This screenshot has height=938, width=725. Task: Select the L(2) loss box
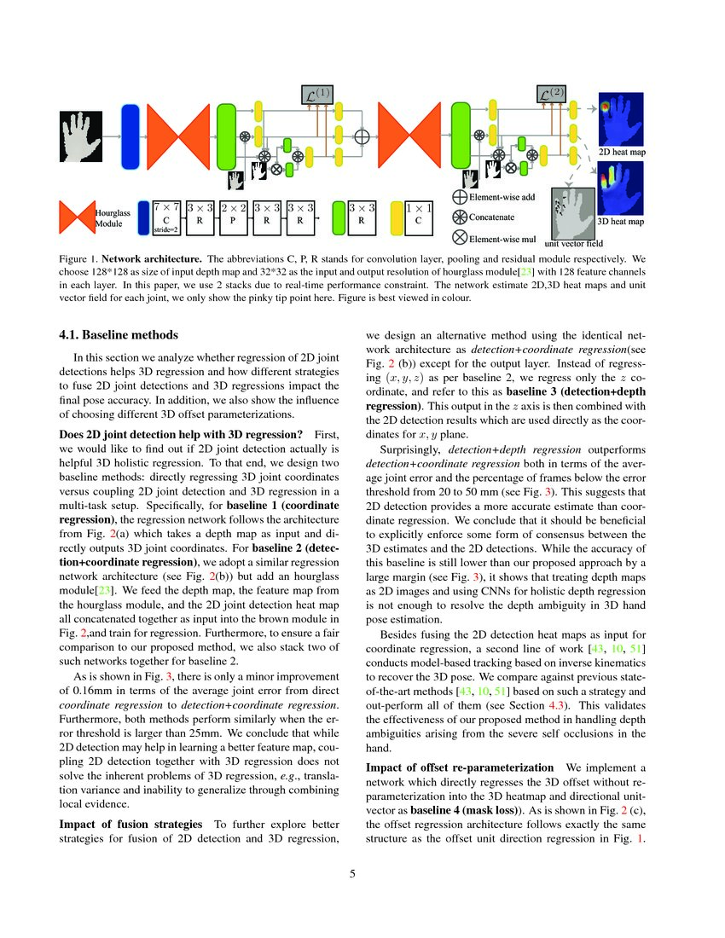[553, 95]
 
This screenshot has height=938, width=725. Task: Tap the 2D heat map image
[620, 119]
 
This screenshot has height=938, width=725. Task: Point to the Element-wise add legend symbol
[459, 198]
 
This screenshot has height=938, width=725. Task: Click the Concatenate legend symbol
[459, 217]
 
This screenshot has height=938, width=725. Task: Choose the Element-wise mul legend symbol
[459, 238]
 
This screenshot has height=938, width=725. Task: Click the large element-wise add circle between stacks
[361, 136]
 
